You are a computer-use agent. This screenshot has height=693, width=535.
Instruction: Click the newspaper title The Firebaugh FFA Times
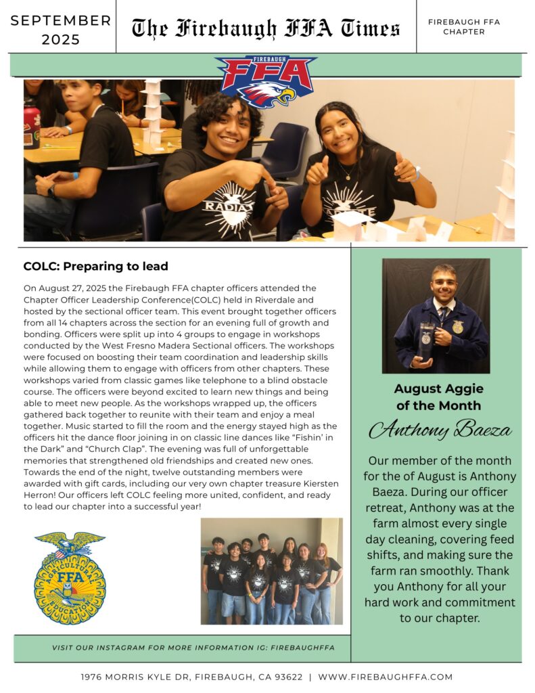tap(266, 28)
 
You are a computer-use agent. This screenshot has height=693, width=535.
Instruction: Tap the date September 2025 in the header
tap(61, 29)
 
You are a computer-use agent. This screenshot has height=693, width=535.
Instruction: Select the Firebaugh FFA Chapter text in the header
tap(463, 27)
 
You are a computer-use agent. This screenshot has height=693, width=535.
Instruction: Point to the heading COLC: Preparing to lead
tap(95, 267)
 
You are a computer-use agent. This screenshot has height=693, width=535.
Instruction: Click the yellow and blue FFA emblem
tap(70, 577)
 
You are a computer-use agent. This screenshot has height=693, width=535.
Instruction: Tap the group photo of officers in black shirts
tap(271, 571)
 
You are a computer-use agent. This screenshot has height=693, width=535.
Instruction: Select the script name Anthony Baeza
tap(440, 429)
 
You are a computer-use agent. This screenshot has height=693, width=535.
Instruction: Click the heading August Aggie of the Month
tap(438, 397)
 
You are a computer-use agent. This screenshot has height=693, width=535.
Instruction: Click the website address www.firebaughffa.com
tap(385, 677)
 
